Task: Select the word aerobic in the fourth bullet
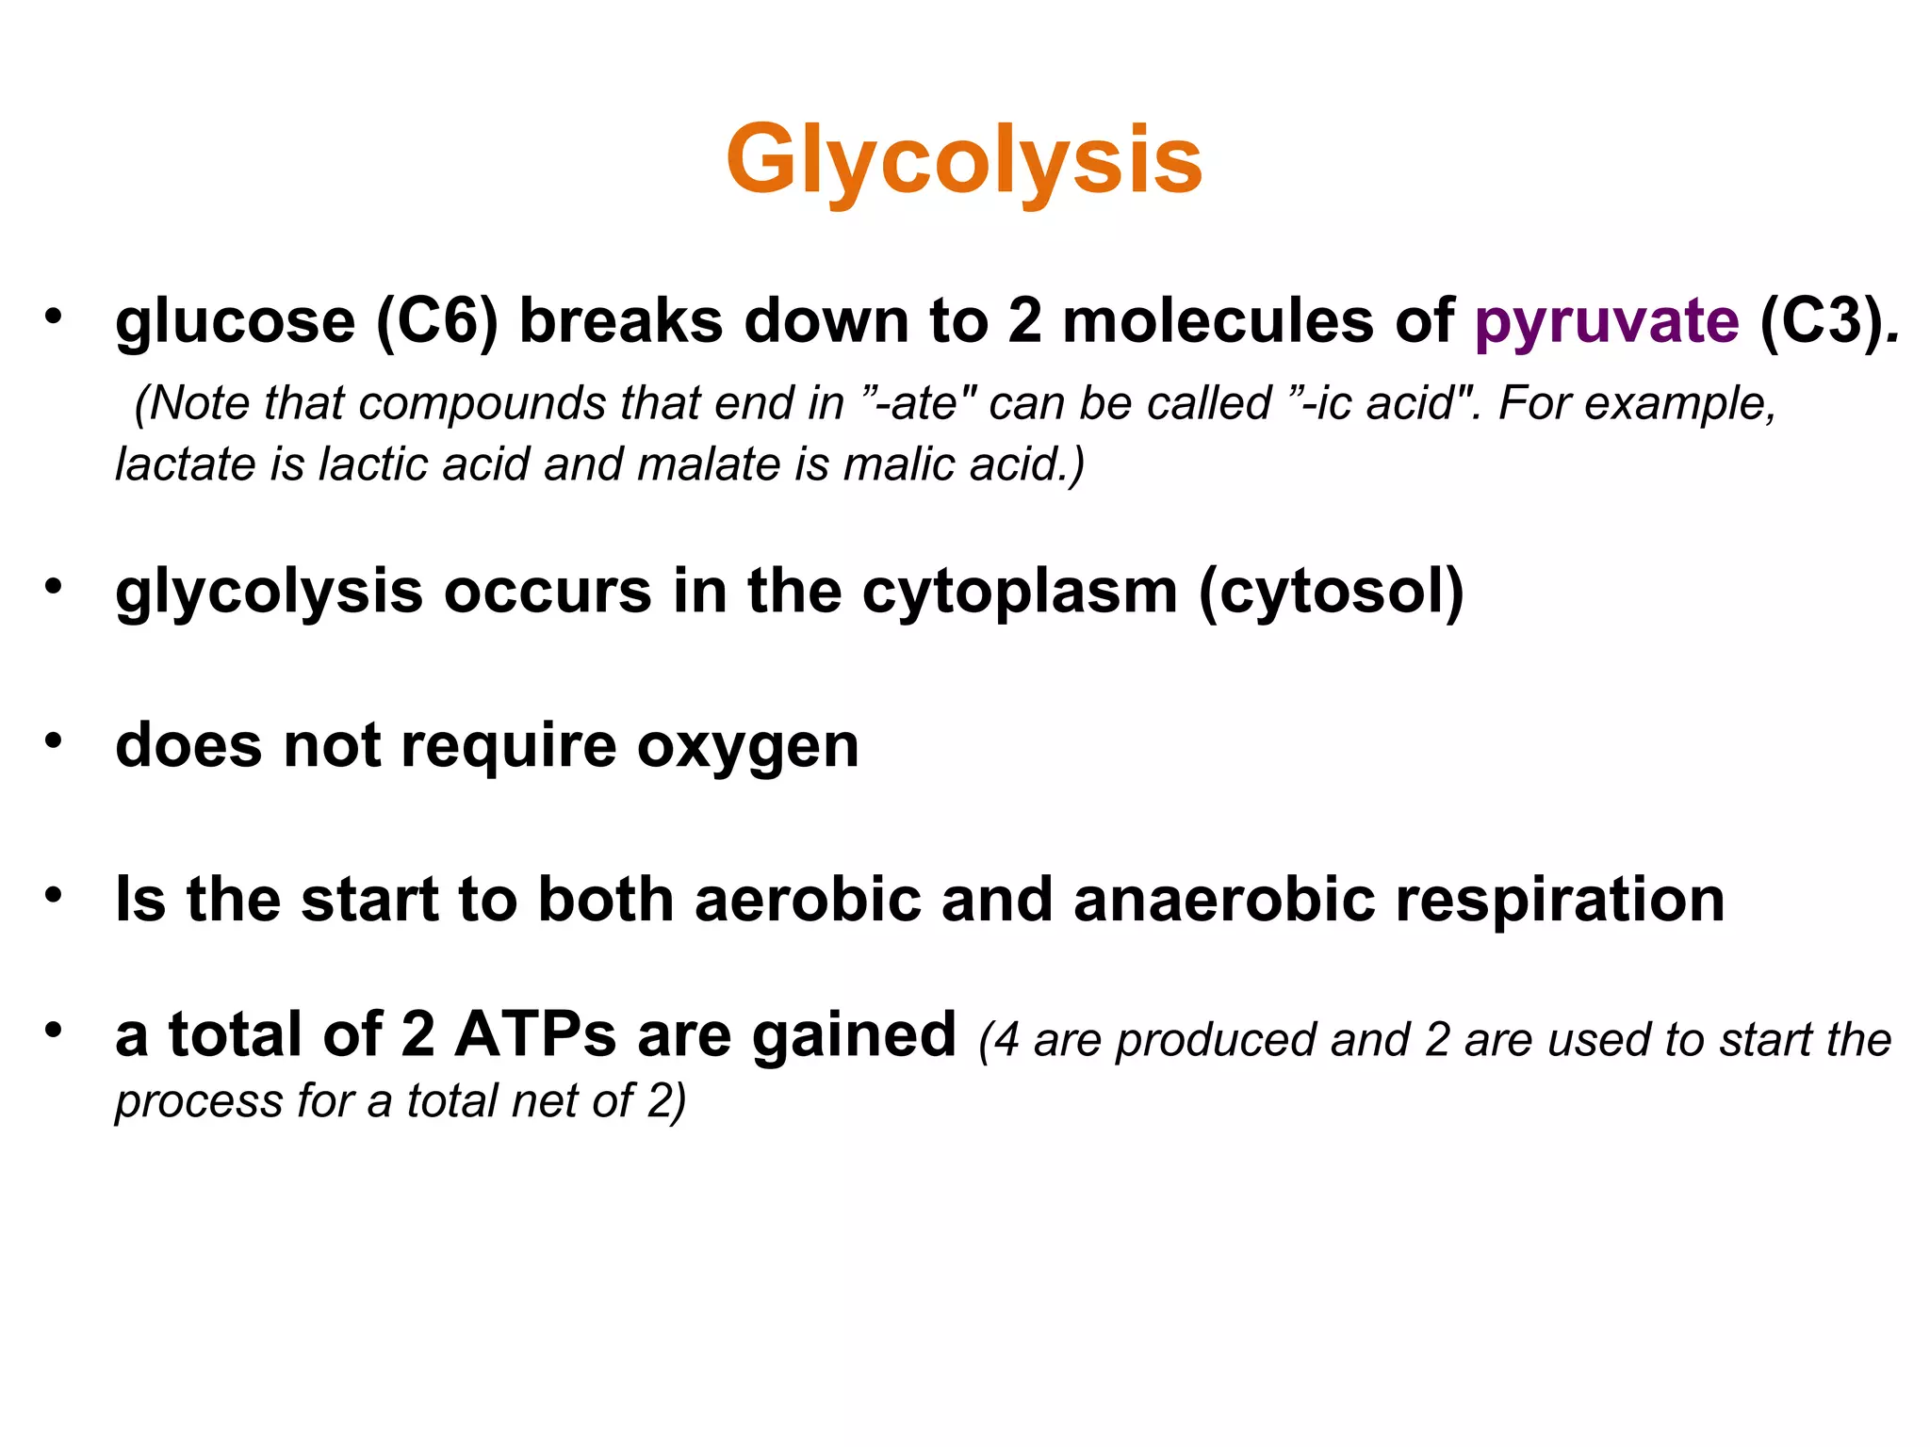(x=808, y=900)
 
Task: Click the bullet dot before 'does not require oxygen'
(x=54, y=740)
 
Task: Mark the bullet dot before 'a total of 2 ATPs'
(x=54, y=1030)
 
